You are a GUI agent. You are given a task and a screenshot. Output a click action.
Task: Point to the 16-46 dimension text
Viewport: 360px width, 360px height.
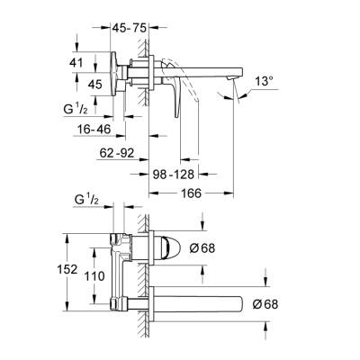click(93, 130)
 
